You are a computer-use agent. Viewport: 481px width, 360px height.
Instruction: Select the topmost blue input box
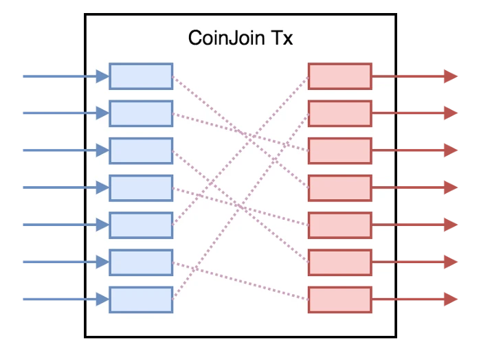[x=141, y=76]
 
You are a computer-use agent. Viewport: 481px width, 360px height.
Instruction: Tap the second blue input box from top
[x=141, y=113]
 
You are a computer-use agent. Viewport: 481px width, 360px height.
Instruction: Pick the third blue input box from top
[x=141, y=150]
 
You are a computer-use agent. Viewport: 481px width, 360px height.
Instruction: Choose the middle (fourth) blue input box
[x=141, y=188]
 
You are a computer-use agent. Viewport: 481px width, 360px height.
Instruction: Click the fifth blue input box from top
[x=141, y=225]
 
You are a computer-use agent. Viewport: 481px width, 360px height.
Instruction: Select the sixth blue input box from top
[x=141, y=262]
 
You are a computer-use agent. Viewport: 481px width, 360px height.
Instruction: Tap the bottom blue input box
[x=141, y=299]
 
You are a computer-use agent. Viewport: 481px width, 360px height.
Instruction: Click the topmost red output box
[x=339, y=76]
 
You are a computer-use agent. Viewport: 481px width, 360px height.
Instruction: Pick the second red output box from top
[x=339, y=113]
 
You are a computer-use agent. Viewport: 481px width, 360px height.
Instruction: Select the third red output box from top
[x=339, y=150]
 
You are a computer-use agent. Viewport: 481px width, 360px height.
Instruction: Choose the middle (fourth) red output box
[x=339, y=188]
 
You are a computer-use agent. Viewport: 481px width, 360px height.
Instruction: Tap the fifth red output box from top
[x=339, y=225]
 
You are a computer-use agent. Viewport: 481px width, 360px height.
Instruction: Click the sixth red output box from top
[x=339, y=262]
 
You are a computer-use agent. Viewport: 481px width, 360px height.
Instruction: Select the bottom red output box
[x=339, y=299]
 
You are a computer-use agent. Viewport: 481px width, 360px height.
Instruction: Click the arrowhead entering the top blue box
[x=102, y=76]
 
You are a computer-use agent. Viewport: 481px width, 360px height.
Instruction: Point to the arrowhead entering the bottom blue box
[x=102, y=299]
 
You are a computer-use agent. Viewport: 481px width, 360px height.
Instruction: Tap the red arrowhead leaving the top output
[x=451, y=76]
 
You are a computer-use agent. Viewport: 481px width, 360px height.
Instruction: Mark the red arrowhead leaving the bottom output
[x=451, y=299]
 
